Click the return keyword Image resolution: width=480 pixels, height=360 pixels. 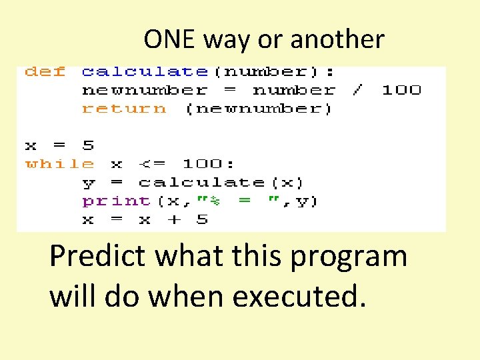tap(124, 109)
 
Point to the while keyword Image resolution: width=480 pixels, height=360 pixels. tap(60, 163)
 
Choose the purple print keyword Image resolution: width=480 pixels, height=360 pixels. tap(116, 201)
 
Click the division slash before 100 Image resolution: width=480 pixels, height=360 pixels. tap(358, 90)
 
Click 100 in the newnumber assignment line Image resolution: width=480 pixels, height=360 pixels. tap(401, 90)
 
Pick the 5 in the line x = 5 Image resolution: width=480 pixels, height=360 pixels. tap(88, 145)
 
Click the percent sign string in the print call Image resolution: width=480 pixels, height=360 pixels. tap(217, 201)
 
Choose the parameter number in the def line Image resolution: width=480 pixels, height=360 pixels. tap(267, 71)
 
